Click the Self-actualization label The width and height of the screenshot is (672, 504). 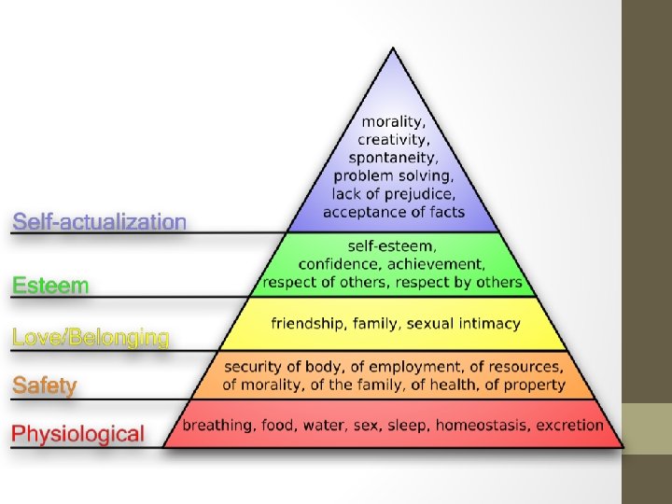tap(99, 222)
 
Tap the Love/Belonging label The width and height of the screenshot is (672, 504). tap(91, 337)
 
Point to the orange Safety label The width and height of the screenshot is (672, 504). tap(44, 385)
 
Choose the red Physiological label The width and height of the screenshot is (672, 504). tap(77, 434)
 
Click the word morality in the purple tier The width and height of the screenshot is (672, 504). tap(392, 121)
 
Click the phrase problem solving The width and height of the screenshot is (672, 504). tap(393, 175)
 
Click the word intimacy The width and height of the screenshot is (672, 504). tap(491, 323)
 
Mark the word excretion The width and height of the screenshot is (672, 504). tap(569, 426)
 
